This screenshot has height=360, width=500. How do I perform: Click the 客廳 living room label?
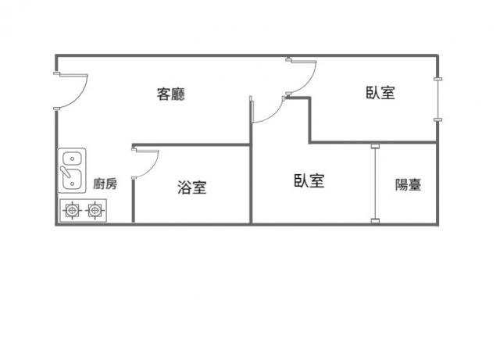(170, 94)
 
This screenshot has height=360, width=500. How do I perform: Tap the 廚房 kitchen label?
(105, 184)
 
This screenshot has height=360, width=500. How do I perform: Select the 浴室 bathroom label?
(192, 187)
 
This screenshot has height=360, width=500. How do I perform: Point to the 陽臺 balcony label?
(408, 184)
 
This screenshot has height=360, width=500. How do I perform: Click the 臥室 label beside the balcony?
(309, 180)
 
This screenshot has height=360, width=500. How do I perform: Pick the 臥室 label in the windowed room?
(380, 93)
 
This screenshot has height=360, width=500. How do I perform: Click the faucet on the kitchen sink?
(66, 172)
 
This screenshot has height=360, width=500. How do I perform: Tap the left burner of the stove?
(73, 210)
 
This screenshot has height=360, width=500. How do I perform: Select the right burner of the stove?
(95, 210)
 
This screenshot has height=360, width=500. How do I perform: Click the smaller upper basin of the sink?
(73, 159)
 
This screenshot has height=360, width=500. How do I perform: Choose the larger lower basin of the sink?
(73, 179)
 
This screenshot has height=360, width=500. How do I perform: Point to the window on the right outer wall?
(437, 99)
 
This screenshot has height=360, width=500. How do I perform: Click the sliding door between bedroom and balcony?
(375, 184)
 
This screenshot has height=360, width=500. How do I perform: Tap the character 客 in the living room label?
(163, 94)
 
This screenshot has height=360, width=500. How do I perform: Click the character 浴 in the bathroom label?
(184, 187)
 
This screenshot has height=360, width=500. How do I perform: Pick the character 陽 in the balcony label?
(402, 184)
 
